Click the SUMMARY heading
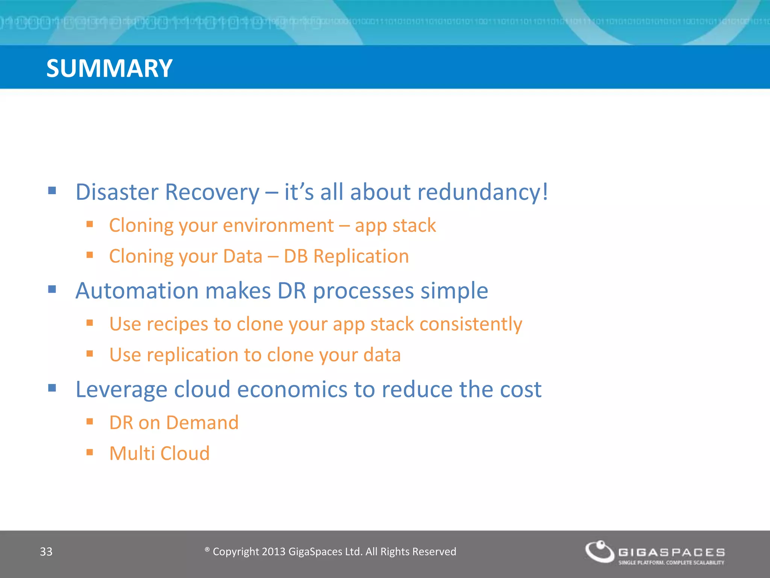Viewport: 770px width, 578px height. [109, 68]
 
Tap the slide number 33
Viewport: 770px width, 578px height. [46, 552]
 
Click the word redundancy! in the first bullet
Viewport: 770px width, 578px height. [483, 192]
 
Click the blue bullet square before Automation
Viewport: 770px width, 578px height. [52, 289]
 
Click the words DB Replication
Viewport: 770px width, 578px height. [346, 256]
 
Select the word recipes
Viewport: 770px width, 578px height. [177, 324]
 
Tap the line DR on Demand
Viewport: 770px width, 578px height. [174, 423]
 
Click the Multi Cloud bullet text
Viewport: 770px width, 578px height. [159, 453]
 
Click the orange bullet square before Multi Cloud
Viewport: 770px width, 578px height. [89, 452]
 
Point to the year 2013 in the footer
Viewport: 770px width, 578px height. [273, 552]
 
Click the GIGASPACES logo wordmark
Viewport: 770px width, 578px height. [671, 552]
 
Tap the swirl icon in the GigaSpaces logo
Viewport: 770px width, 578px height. [600, 551]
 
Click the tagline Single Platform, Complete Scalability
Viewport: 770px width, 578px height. [671, 563]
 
